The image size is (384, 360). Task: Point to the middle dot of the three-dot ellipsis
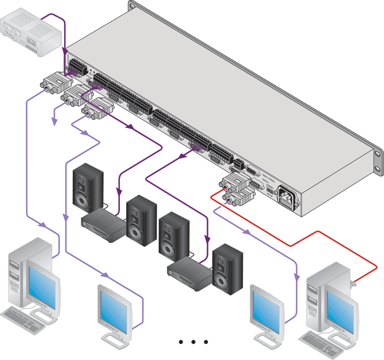click(193, 342)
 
